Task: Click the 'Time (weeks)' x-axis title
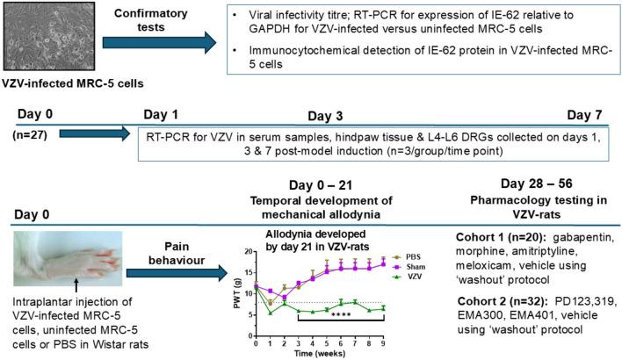click(x=331, y=353)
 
